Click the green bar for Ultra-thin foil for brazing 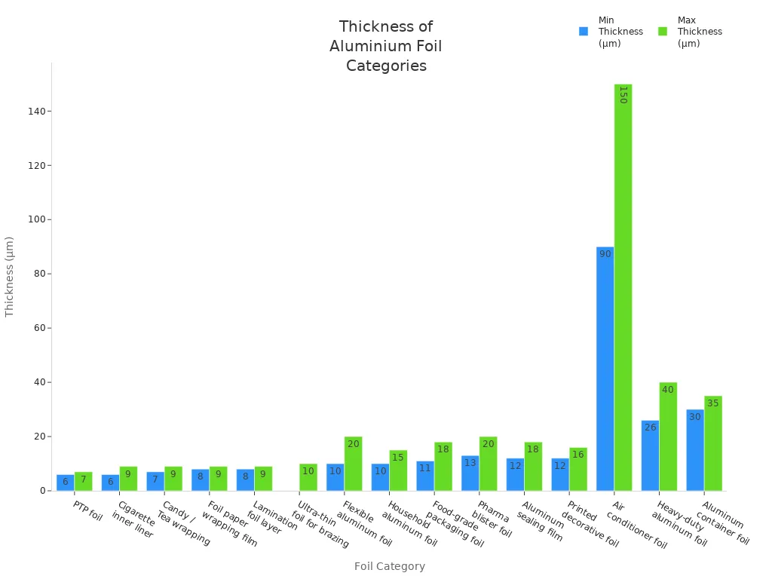pyautogui.click(x=308, y=478)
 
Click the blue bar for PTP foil pyautogui.click(x=65, y=483)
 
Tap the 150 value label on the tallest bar pyautogui.click(x=623, y=94)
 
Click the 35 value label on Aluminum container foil pyautogui.click(x=713, y=403)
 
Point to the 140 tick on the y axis pyautogui.click(x=36, y=111)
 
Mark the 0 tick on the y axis pyautogui.click(x=42, y=491)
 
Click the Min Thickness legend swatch pyautogui.click(x=584, y=32)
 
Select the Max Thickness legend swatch pyautogui.click(x=663, y=32)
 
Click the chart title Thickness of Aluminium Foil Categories pyautogui.click(x=386, y=46)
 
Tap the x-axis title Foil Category pyautogui.click(x=389, y=566)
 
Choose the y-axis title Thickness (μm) pyautogui.click(x=10, y=276)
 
